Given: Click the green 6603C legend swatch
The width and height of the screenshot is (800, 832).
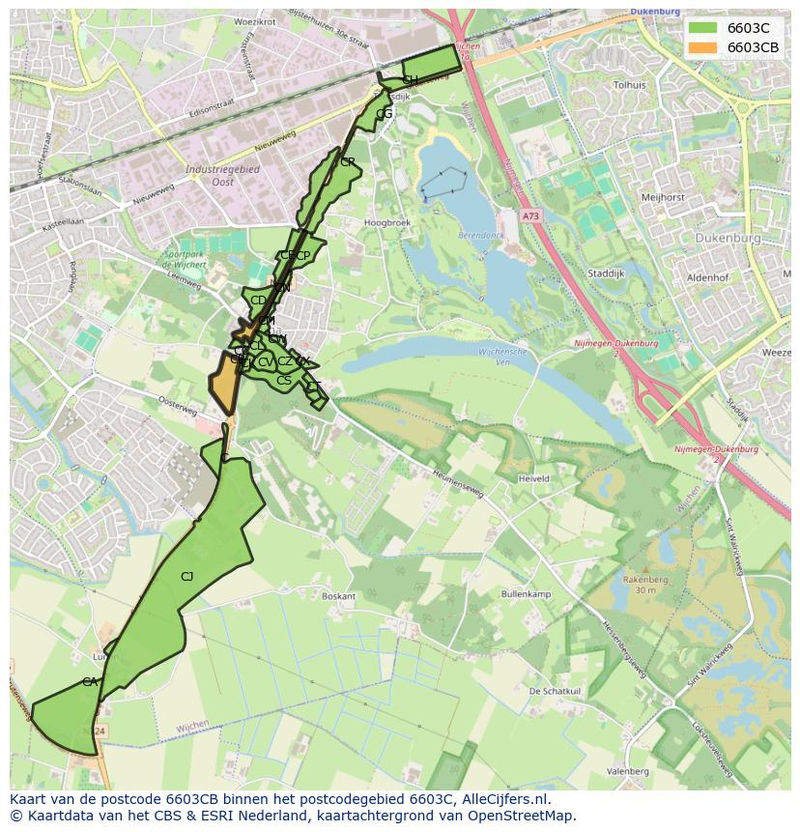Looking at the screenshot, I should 702,28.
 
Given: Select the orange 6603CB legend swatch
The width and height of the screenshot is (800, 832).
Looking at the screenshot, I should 702,47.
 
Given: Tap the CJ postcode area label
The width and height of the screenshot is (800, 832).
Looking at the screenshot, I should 187,577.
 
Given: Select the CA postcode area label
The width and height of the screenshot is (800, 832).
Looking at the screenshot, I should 90,682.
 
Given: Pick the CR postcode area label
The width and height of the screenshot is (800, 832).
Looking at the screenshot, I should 348,162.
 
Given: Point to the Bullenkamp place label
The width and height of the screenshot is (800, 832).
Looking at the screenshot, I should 525,593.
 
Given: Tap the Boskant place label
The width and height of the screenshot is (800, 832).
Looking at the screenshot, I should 338,597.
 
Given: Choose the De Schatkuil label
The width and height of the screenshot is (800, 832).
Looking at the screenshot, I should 555,692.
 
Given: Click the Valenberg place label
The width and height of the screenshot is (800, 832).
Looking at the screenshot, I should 628,771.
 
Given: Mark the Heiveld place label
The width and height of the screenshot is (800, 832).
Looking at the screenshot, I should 533,478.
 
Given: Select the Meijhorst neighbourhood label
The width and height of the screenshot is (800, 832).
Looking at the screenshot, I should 663,197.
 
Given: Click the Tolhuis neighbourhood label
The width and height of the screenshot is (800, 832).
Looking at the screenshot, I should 629,85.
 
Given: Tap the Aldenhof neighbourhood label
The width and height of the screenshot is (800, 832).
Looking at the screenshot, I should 706,277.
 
